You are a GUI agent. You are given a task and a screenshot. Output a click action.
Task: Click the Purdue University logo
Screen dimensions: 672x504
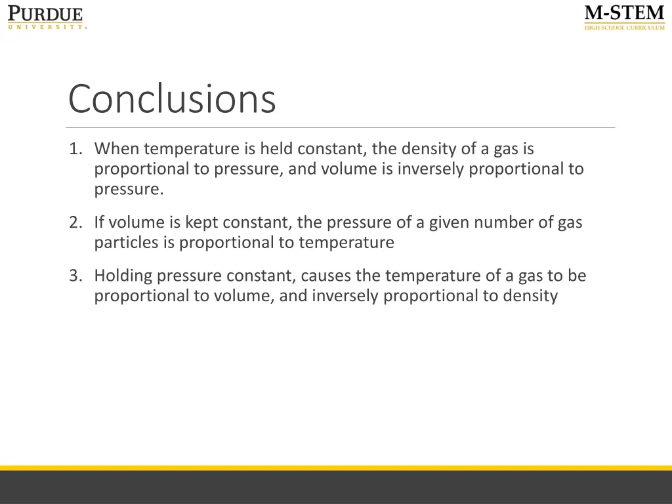[x=46, y=17]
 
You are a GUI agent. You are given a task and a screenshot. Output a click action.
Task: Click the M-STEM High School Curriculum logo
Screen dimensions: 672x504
[x=624, y=18]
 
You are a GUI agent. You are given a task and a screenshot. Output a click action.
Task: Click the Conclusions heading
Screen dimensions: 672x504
[x=172, y=99]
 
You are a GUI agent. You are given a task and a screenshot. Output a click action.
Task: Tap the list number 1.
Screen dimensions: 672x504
[x=75, y=149]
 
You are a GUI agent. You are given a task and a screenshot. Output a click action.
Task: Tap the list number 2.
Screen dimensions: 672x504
[x=75, y=222]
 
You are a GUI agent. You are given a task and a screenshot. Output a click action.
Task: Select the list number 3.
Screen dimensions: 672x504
[x=75, y=276]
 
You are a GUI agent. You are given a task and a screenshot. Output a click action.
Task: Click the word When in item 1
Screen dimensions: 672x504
[x=116, y=149]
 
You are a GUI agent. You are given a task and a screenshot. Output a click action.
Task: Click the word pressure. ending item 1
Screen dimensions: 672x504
[x=128, y=190]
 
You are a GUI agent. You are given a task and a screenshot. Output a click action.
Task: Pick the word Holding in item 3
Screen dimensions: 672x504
[x=123, y=276]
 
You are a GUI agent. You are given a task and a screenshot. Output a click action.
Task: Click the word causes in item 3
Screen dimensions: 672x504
[x=325, y=276]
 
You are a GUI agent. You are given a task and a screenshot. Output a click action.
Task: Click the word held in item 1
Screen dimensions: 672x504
[x=276, y=149]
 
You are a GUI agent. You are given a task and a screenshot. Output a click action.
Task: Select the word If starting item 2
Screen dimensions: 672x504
[x=99, y=222]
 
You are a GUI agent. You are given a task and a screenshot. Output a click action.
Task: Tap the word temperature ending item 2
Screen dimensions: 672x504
[x=346, y=243]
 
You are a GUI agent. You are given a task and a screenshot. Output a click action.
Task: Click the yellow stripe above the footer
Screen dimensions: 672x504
[x=336, y=468]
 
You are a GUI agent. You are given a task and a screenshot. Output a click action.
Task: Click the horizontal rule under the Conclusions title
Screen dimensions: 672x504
[x=341, y=127]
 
